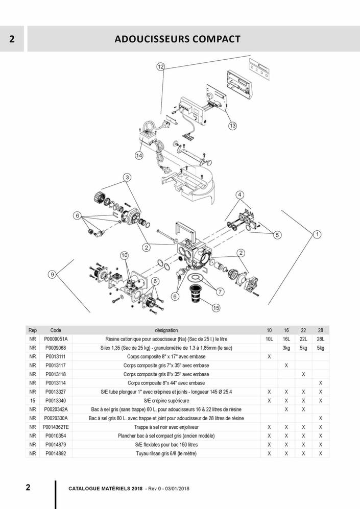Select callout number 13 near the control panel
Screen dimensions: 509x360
click(x=232, y=125)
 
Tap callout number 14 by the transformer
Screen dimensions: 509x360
click(x=139, y=155)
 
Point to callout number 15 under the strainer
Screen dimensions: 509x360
click(x=215, y=308)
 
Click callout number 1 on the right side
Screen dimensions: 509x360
click(x=317, y=234)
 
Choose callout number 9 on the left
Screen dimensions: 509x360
click(x=52, y=275)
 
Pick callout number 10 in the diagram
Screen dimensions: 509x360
click(x=124, y=255)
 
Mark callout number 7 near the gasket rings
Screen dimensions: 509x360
click(x=221, y=292)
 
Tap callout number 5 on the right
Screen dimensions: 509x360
click(x=277, y=235)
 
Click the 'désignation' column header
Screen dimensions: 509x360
click(x=166, y=330)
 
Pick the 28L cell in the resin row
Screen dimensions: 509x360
click(x=320, y=339)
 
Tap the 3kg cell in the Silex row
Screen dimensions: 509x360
click(x=286, y=348)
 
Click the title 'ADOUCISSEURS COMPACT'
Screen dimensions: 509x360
click(x=177, y=39)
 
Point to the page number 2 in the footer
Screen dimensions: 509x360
click(x=28, y=487)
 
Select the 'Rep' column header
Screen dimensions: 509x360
click(x=33, y=330)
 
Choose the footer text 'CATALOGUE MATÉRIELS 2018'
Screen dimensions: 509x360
click(x=105, y=488)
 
